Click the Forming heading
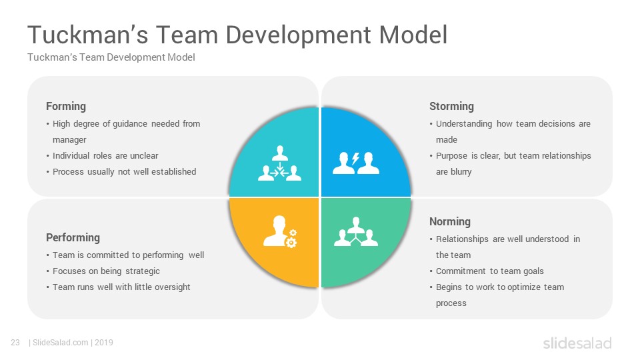coord(66,107)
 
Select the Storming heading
coord(451,107)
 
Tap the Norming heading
coord(450,221)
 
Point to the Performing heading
coord(73,237)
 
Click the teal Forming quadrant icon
coord(279,163)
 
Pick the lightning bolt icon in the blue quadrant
coord(355,159)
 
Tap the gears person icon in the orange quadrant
coord(280,231)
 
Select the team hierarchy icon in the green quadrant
coord(356,231)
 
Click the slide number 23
coord(15,343)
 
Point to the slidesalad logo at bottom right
coord(577,343)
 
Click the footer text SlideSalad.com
coord(61,343)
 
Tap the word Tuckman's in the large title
coord(88,35)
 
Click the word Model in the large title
coord(413,35)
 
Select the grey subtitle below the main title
coord(111,57)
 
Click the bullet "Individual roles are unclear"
coord(105,156)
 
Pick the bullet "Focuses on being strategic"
coord(106,271)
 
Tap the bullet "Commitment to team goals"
coord(490,271)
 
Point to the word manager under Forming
coord(69,140)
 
